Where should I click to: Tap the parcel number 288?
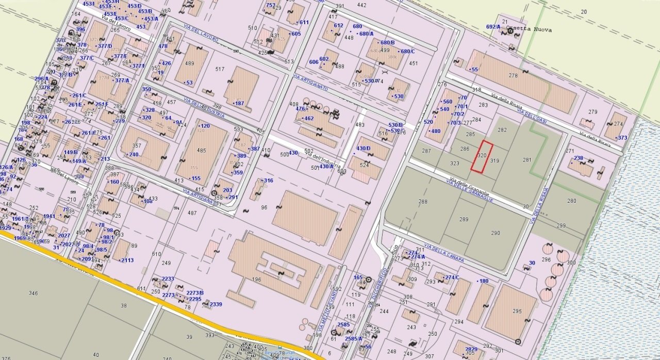click(x=423, y=202)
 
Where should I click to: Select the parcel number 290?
click(x=495, y=233)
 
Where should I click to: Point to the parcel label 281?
click(x=526, y=160)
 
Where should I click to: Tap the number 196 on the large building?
click(x=256, y=280)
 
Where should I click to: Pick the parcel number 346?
click(x=33, y=293)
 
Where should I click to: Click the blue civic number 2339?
click(x=216, y=304)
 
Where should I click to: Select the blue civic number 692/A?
click(x=493, y=27)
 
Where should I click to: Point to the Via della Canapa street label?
click(x=443, y=252)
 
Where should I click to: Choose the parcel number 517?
click(x=220, y=69)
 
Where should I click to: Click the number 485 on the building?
click(x=201, y=151)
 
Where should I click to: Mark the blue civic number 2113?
click(x=127, y=260)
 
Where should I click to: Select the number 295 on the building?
click(x=517, y=311)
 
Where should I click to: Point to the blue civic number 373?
click(x=622, y=138)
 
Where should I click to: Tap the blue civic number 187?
click(x=239, y=103)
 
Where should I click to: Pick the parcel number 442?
click(x=361, y=5)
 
